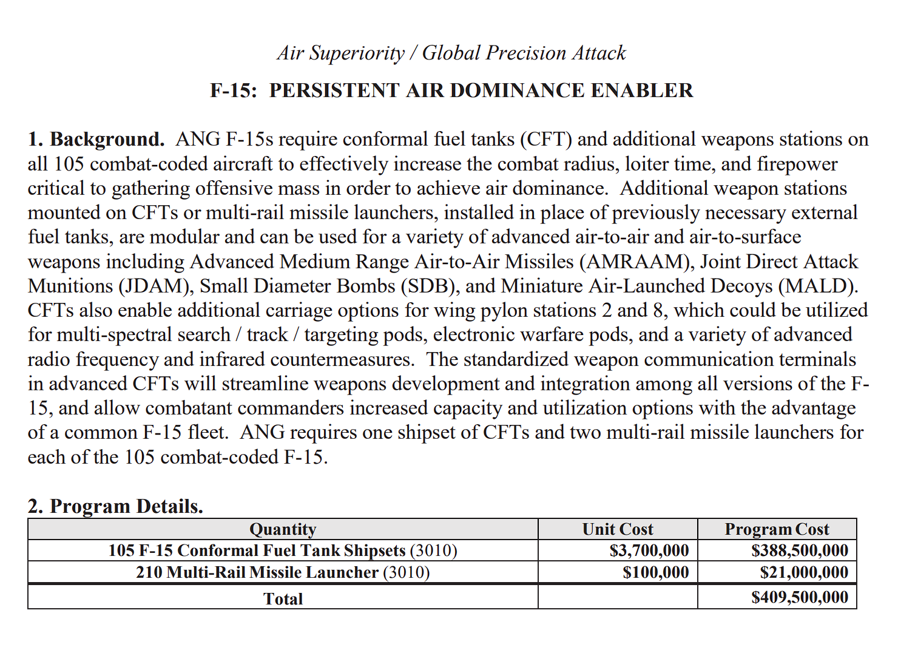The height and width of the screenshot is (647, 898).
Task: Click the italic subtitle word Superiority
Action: (x=357, y=53)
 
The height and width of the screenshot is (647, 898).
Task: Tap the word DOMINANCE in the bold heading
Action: (x=518, y=90)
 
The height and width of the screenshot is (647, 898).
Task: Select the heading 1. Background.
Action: (x=96, y=140)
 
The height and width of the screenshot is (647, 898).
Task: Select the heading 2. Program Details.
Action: (x=115, y=506)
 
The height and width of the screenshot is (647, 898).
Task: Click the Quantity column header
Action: (x=283, y=529)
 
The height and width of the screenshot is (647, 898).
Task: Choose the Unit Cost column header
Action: (x=618, y=529)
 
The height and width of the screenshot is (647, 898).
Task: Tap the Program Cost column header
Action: (x=777, y=529)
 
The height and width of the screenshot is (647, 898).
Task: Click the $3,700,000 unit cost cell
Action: (x=649, y=550)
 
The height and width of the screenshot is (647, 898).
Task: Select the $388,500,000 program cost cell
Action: (x=799, y=550)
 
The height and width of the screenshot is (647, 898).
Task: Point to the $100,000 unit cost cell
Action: (x=655, y=572)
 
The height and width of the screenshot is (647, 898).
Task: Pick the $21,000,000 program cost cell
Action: (x=804, y=572)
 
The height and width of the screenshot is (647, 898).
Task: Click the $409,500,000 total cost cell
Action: (x=799, y=597)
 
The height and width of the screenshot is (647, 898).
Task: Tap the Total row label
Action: (x=283, y=599)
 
